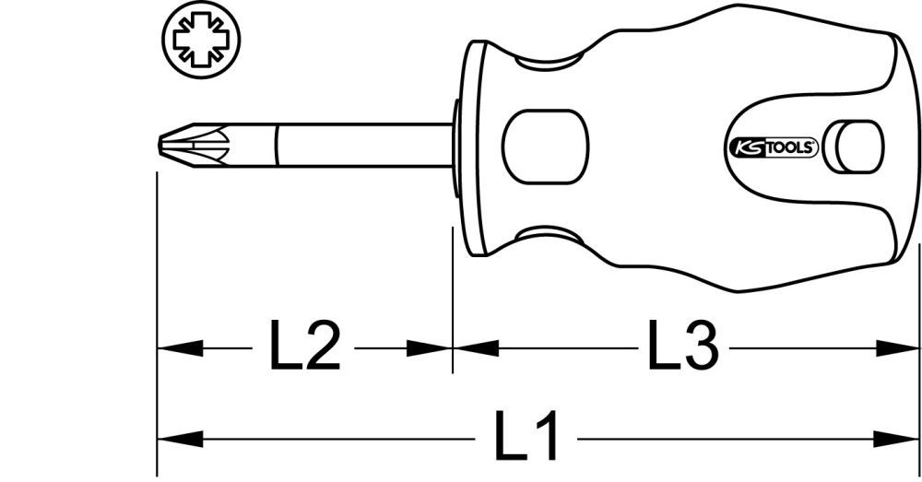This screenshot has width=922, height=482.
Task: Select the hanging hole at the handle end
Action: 853,146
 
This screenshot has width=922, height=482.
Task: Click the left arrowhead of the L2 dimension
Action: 179,348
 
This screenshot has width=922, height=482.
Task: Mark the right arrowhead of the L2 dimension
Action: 430,348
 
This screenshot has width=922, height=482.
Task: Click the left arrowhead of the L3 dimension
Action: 476,348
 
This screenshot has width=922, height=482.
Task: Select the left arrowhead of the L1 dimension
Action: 179,438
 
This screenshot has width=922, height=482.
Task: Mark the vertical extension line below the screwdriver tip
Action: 157,276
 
